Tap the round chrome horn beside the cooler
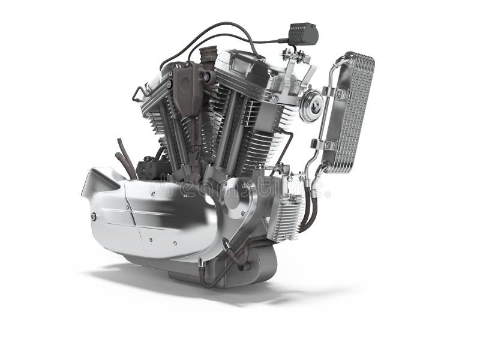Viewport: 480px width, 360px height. point(311,105)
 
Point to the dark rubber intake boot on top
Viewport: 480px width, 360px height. point(208,57)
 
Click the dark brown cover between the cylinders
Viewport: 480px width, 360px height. point(188,90)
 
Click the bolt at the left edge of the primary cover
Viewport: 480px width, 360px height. point(94,217)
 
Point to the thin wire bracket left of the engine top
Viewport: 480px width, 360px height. point(139,94)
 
